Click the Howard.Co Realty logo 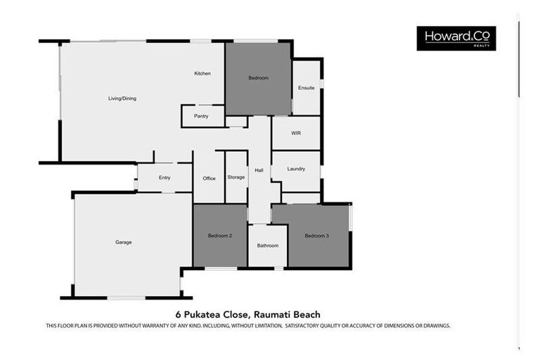(456, 38)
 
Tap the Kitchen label (202, 74)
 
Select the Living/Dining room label (122, 98)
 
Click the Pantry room (202, 116)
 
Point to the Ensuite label (306, 88)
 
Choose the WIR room (296, 133)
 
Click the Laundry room (296, 169)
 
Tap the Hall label (259, 170)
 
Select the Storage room (236, 177)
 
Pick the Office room (209, 179)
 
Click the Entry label (165, 178)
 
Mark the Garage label (124, 243)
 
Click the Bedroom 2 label (219, 236)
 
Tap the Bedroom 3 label (316, 236)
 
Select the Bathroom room (267, 245)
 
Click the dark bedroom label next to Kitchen (258, 78)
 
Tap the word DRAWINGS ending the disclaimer (434, 326)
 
